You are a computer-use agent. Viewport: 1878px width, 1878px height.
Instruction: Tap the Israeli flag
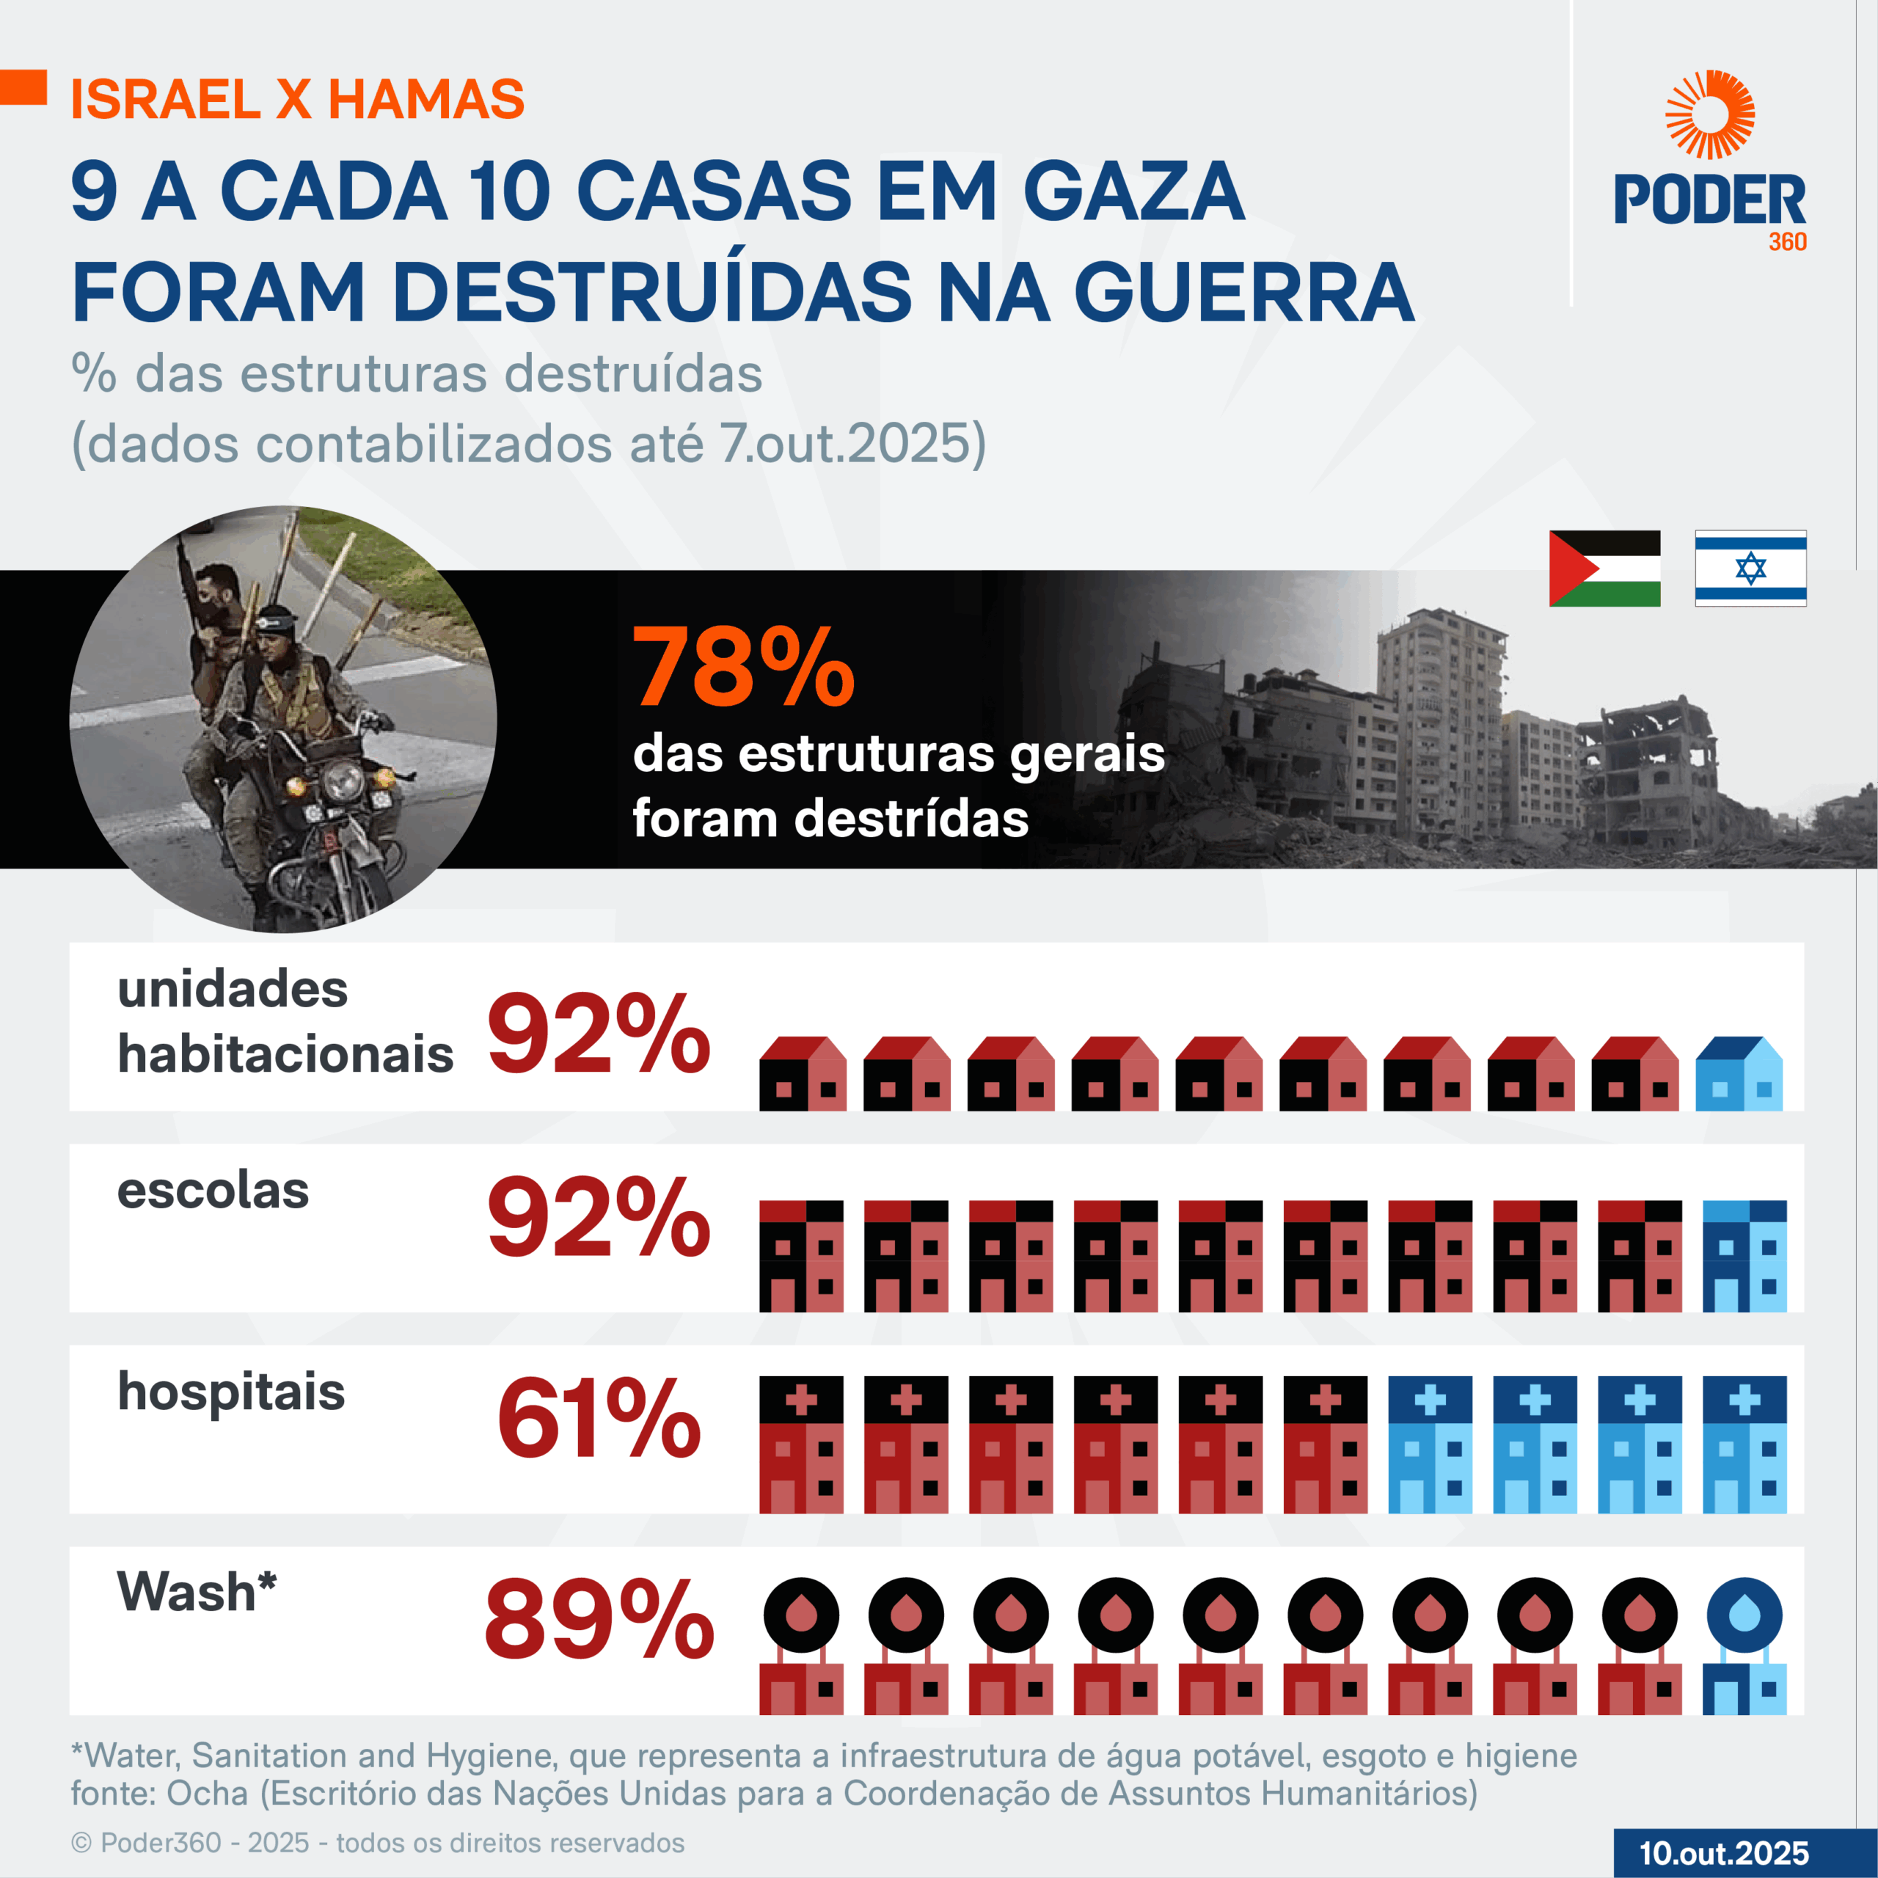(x=1750, y=569)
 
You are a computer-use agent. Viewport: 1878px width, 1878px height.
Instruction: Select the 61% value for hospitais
(x=599, y=1420)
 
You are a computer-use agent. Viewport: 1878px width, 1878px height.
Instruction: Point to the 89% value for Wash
(x=599, y=1621)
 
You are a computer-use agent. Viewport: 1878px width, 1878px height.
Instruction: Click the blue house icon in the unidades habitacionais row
(x=1739, y=1074)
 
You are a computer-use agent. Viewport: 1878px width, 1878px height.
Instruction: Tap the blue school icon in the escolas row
(x=1744, y=1256)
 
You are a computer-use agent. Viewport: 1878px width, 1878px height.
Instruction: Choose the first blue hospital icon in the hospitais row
(x=1430, y=1444)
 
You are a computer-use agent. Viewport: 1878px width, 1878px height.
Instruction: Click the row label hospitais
(x=231, y=1392)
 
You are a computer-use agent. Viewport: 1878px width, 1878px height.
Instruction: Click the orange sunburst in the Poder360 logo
(x=1710, y=114)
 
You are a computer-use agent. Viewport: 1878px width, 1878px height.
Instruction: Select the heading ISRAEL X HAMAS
(x=297, y=99)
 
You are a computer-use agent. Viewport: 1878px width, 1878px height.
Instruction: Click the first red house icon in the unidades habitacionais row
(x=802, y=1074)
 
